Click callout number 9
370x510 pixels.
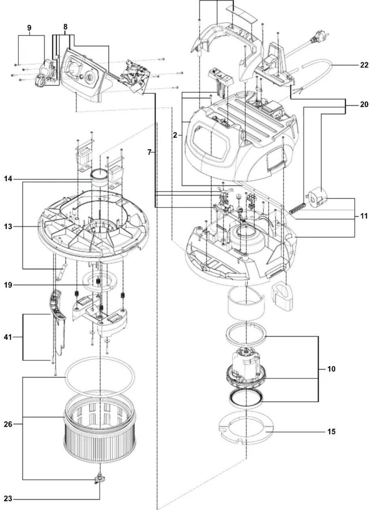[29, 28]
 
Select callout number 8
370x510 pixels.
[65, 27]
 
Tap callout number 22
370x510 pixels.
[364, 65]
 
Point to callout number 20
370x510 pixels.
[364, 105]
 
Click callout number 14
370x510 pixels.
[8, 179]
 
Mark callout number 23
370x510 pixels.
[8, 499]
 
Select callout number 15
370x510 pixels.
[331, 431]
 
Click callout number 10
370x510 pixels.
[331, 369]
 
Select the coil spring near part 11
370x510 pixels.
[297, 208]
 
